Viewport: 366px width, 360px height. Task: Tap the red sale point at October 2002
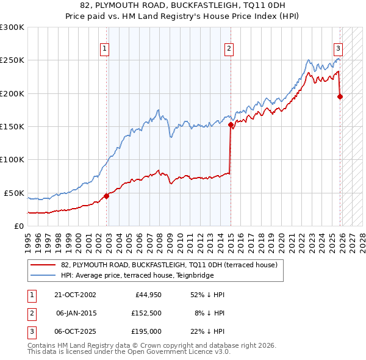click(106, 196)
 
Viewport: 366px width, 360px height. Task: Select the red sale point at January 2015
click(231, 124)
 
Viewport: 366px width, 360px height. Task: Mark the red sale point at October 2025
click(340, 96)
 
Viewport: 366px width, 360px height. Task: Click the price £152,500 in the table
click(148, 313)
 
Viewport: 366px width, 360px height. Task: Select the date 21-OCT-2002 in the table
click(73, 295)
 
